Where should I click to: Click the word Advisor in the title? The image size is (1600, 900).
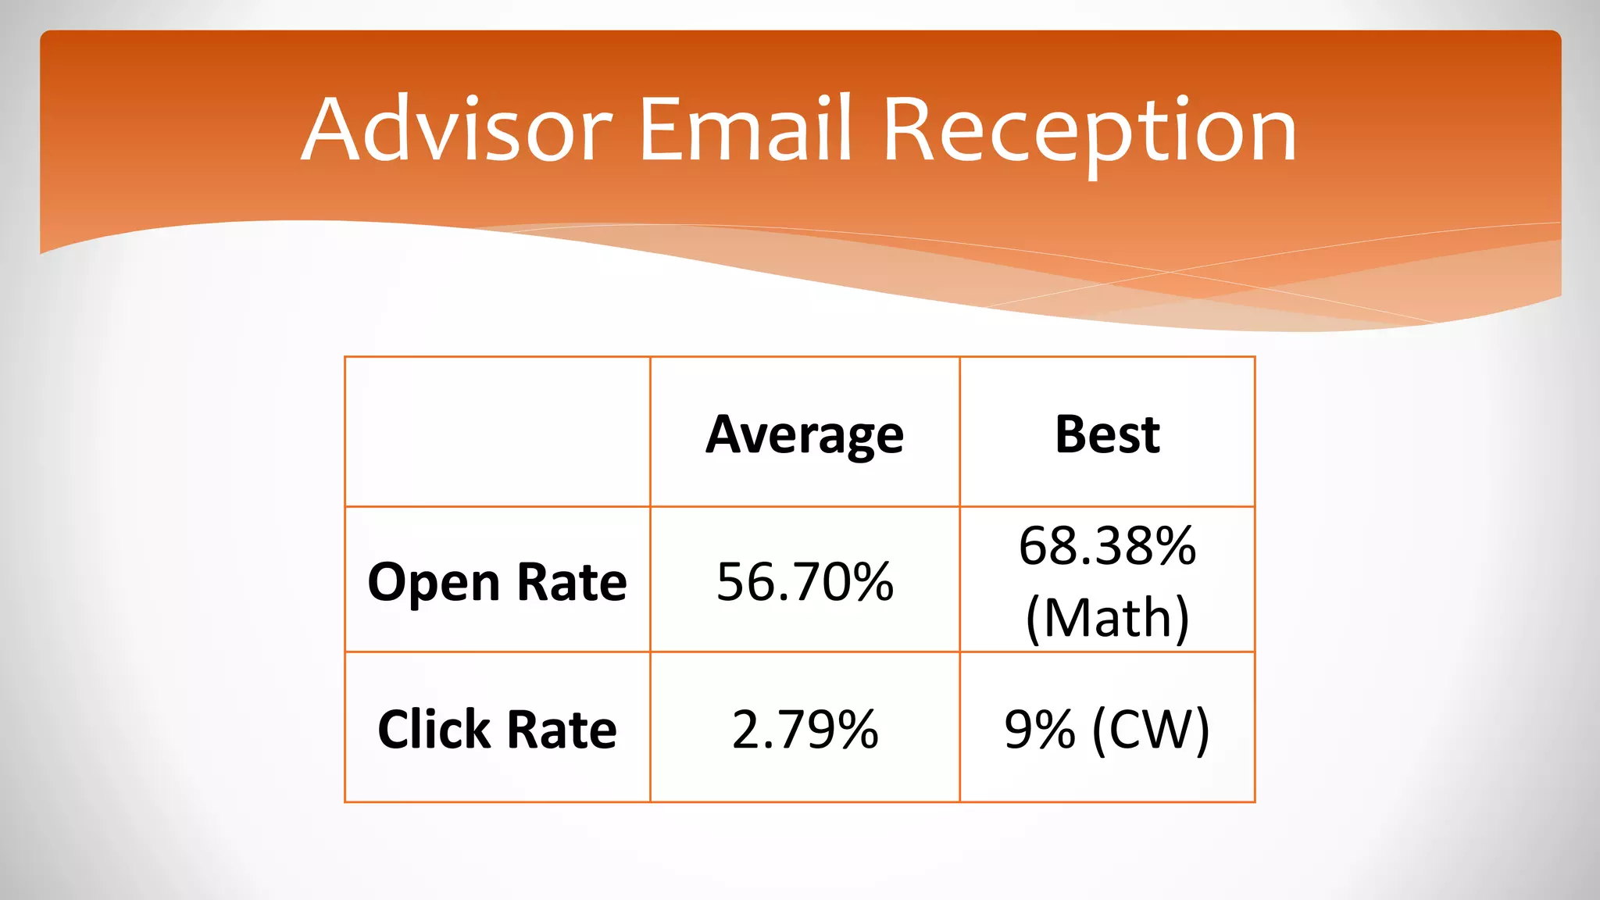coord(457,130)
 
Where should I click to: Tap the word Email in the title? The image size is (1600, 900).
coord(745,130)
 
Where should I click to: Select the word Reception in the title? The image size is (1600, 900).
coord(1090,133)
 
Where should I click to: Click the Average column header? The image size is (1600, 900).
coord(805,434)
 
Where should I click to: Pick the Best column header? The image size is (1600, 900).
coord(1107,434)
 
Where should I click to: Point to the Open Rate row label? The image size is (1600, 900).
coord(497,582)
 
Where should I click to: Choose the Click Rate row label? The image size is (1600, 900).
coord(497,730)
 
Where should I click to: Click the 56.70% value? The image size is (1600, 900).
coord(805,582)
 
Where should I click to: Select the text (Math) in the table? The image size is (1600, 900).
coord(1107,618)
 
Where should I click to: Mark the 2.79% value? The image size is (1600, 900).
coord(805,730)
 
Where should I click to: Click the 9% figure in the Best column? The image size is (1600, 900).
coord(1039,730)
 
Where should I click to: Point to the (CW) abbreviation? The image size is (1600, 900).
coord(1151,730)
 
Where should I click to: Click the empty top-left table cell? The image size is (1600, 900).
coord(497,432)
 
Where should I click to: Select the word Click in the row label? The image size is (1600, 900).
coord(434,730)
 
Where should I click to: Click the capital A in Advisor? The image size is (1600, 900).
coord(334,130)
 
